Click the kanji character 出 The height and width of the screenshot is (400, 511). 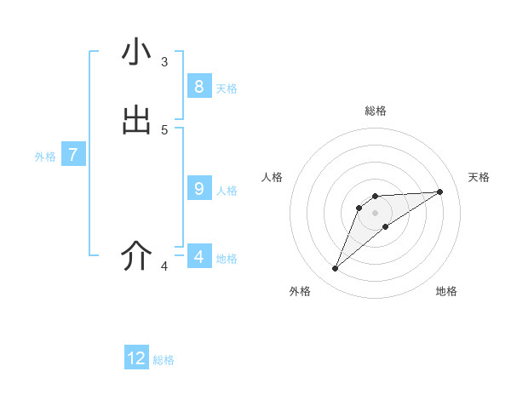tap(136, 120)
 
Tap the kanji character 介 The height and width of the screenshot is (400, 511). tap(136, 255)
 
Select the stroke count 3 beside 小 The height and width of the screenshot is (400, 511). tap(164, 62)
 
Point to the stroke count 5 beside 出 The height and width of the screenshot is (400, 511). tap(164, 130)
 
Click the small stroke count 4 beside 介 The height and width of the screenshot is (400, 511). tap(164, 266)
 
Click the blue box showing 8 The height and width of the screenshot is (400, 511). tap(198, 86)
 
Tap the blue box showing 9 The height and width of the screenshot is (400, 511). tap(198, 188)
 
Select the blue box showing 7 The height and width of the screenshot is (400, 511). tap(73, 155)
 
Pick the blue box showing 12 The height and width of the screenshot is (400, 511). tap(136, 358)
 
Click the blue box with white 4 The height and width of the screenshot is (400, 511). tap(198, 256)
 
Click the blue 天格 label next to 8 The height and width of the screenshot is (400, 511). tap(227, 89)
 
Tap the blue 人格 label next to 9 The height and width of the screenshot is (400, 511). tap(227, 191)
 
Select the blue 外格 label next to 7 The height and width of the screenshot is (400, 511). tap(45, 157)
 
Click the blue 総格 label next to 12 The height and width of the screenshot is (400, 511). tap(164, 360)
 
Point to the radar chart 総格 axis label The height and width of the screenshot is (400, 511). tap(376, 111)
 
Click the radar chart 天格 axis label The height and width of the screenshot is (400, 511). tap(479, 177)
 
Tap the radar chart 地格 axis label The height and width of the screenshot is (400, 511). tap(446, 291)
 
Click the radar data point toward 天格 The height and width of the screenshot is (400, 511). tap(440, 191)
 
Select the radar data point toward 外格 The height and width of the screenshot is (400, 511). tap(336, 269)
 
